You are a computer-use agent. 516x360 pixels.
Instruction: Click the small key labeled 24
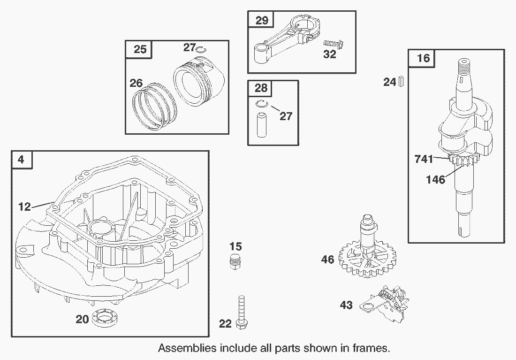(x=402, y=82)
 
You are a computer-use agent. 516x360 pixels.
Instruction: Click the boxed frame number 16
(x=423, y=58)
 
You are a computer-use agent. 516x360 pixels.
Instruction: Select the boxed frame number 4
(x=22, y=160)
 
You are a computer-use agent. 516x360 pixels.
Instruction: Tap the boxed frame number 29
(x=262, y=20)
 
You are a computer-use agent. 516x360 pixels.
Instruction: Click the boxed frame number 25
(x=139, y=49)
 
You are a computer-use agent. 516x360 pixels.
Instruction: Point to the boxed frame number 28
(x=261, y=88)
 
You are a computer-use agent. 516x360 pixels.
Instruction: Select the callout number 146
(x=435, y=179)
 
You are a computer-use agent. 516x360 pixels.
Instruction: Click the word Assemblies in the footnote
(x=187, y=348)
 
